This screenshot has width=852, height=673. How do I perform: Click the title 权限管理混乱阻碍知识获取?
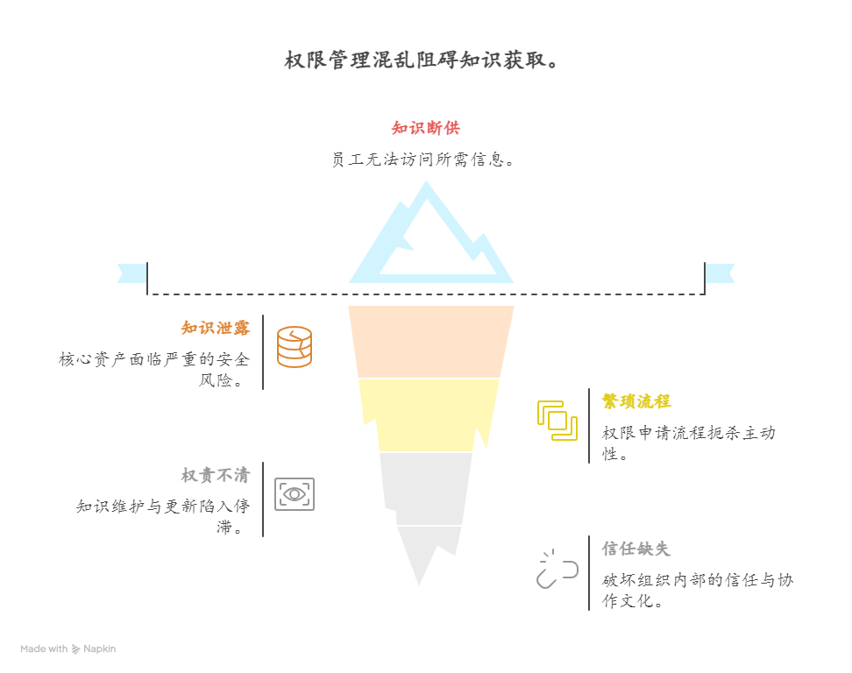tap(421, 60)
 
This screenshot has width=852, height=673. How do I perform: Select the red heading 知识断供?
tap(425, 128)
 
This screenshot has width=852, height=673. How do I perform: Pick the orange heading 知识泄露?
tap(216, 328)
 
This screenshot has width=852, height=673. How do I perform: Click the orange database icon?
tap(295, 347)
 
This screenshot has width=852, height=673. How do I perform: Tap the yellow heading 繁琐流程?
tap(636, 401)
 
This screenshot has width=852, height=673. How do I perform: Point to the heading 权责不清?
tap(216, 475)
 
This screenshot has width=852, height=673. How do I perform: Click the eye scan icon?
tap(295, 494)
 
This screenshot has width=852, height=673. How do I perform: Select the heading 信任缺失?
tap(636, 549)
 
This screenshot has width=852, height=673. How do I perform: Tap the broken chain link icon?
tap(557, 569)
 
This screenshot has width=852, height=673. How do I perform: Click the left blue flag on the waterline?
tap(131, 273)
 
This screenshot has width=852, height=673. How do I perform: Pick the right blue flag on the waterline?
tap(721, 273)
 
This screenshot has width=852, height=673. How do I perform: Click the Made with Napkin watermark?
tap(68, 649)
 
